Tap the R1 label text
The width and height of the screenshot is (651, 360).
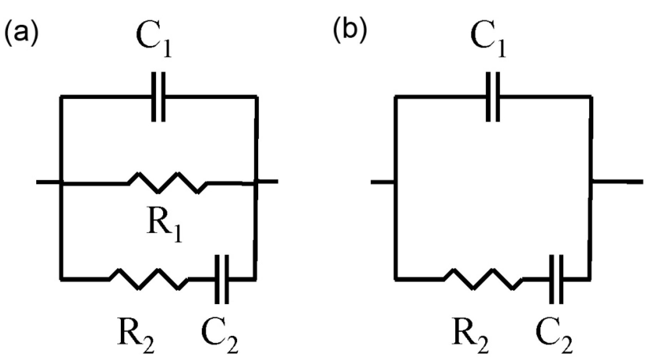(164, 228)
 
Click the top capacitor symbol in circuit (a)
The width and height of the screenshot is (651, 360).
(159, 97)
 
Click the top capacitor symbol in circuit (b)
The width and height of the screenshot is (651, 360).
(493, 97)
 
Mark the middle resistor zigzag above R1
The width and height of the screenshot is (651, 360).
(168, 183)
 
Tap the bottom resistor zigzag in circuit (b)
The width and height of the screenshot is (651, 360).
(483, 279)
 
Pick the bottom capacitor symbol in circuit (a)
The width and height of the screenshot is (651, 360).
(222, 279)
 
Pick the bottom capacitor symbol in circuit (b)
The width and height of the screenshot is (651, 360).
(556, 279)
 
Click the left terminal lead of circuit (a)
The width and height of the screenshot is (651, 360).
(48, 182)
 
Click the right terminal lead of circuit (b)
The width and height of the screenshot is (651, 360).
(618, 181)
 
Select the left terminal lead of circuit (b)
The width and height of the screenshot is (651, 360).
(382, 182)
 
